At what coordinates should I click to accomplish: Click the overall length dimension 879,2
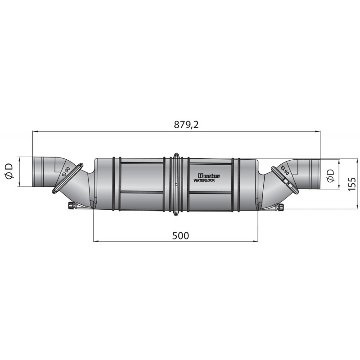[x=186, y=126]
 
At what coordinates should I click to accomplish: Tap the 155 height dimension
[x=352, y=184]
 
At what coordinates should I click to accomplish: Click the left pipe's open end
[x=33, y=171]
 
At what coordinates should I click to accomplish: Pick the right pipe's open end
[x=318, y=174]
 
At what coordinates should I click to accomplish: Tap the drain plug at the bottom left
[x=71, y=206]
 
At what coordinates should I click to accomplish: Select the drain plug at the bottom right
[x=280, y=207]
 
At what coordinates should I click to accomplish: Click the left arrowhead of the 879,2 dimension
[x=35, y=132]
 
